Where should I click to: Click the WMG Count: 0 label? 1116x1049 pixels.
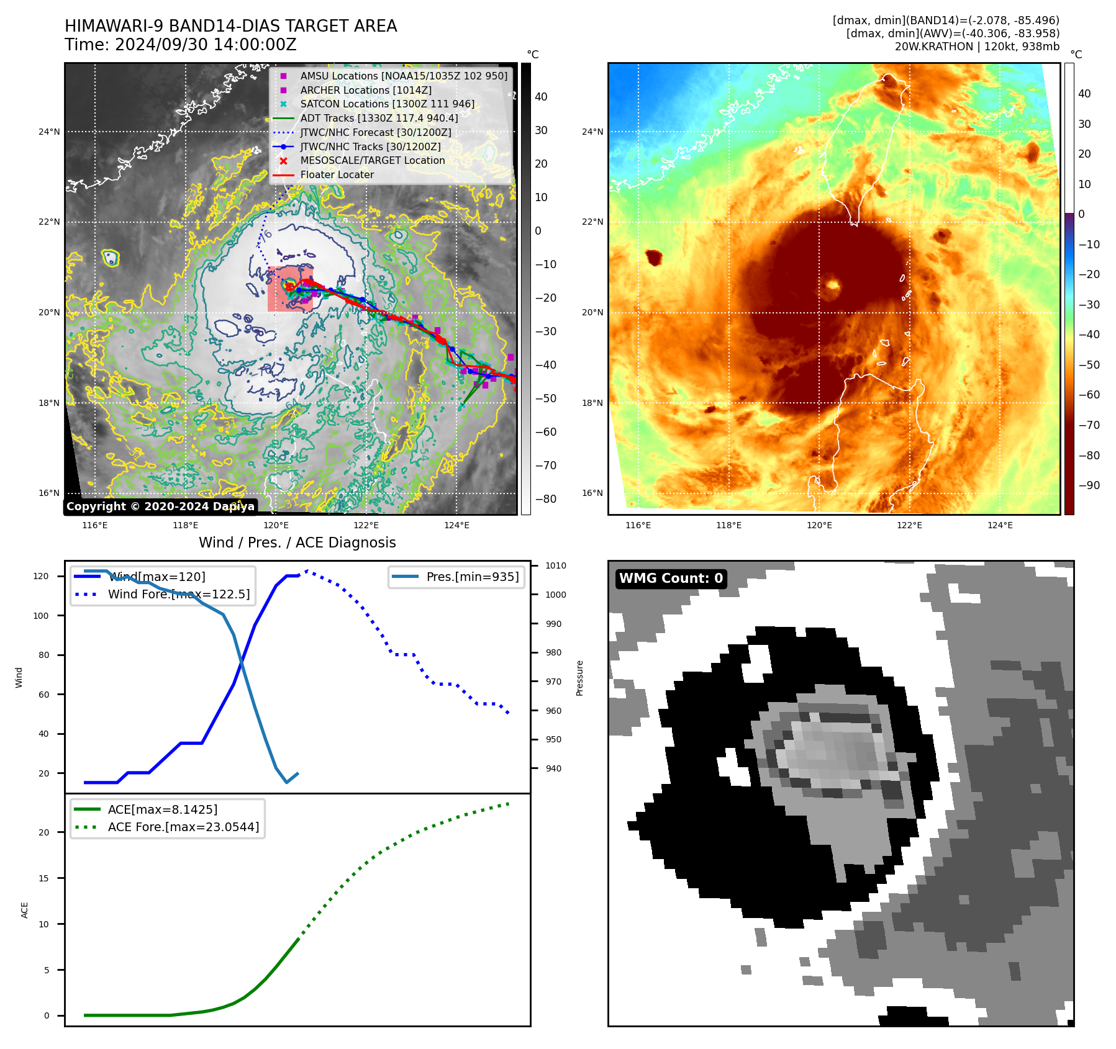671,579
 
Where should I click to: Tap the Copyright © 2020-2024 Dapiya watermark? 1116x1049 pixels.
160,506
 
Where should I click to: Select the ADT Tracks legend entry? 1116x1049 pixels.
379,118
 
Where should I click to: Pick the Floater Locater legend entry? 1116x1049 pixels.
337,175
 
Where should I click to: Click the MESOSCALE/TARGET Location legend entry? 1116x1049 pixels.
372,161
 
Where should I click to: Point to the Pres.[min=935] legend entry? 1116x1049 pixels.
472,577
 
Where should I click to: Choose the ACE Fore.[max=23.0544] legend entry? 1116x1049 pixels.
183,827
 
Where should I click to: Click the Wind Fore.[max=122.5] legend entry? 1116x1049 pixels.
178,594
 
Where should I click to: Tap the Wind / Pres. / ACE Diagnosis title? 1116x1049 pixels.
297,543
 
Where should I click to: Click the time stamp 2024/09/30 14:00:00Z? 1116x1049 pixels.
206,45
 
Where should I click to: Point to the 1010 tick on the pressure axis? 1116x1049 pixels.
555,565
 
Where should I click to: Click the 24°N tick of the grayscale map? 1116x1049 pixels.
49,132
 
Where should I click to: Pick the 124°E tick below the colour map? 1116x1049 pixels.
1000,525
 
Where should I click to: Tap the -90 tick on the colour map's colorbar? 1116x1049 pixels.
1089,485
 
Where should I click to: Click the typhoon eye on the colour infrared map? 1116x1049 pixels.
833,286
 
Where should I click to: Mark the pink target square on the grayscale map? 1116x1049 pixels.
290,289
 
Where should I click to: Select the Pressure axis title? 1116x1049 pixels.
579,678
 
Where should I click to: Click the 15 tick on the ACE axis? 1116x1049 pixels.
43,878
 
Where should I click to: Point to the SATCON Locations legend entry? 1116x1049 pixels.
387,104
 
